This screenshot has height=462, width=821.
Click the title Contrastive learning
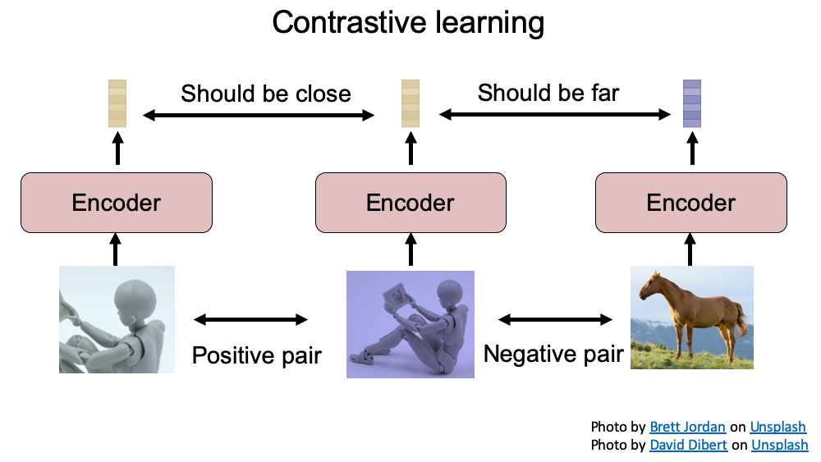(408, 22)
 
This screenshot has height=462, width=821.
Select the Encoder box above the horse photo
(691, 202)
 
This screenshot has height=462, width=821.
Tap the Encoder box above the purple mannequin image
(410, 202)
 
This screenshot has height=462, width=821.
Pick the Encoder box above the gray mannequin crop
(117, 202)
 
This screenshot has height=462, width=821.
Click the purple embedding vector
(692, 103)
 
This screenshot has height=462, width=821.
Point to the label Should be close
(266, 94)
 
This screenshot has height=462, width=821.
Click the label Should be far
(548, 93)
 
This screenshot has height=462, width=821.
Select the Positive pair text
(256, 355)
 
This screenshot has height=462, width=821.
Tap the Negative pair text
(553, 354)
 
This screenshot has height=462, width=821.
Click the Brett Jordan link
(687, 428)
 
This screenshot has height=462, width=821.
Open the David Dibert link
(687, 445)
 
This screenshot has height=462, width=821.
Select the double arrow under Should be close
(259, 116)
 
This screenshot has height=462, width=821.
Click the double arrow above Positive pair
(250, 318)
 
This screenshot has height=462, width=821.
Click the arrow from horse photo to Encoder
(690, 248)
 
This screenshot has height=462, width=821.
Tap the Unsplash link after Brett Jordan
(777, 428)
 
